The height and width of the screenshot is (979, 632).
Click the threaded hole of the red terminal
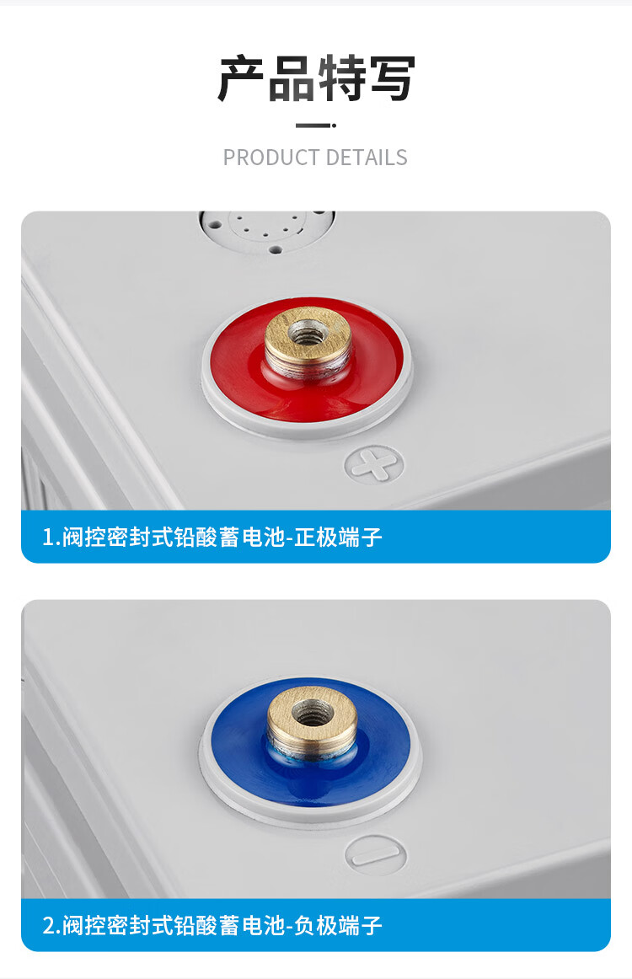click(308, 333)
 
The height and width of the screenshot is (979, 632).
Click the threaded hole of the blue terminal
click(313, 712)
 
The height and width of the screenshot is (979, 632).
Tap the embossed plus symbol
click(374, 464)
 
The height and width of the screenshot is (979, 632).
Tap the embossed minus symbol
click(376, 855)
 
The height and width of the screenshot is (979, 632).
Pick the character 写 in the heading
click(392, 78)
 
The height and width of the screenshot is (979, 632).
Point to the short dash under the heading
click(315, 126)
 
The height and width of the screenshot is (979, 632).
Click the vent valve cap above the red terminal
click(267, 228)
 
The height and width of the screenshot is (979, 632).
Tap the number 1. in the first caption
click(50, 537)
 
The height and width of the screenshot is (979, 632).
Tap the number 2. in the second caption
click(51, 925)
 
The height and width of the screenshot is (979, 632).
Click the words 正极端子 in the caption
click(338, 537)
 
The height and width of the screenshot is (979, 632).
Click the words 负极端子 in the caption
click(338, 925)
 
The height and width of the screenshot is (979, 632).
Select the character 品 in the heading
click(292, 78)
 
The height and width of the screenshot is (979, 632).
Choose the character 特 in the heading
click(341, 78)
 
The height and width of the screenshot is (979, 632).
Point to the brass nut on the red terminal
click(307, 341)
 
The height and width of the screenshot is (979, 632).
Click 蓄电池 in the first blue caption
click(251, 537)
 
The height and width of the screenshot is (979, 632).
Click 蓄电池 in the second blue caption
click(251, 925)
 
